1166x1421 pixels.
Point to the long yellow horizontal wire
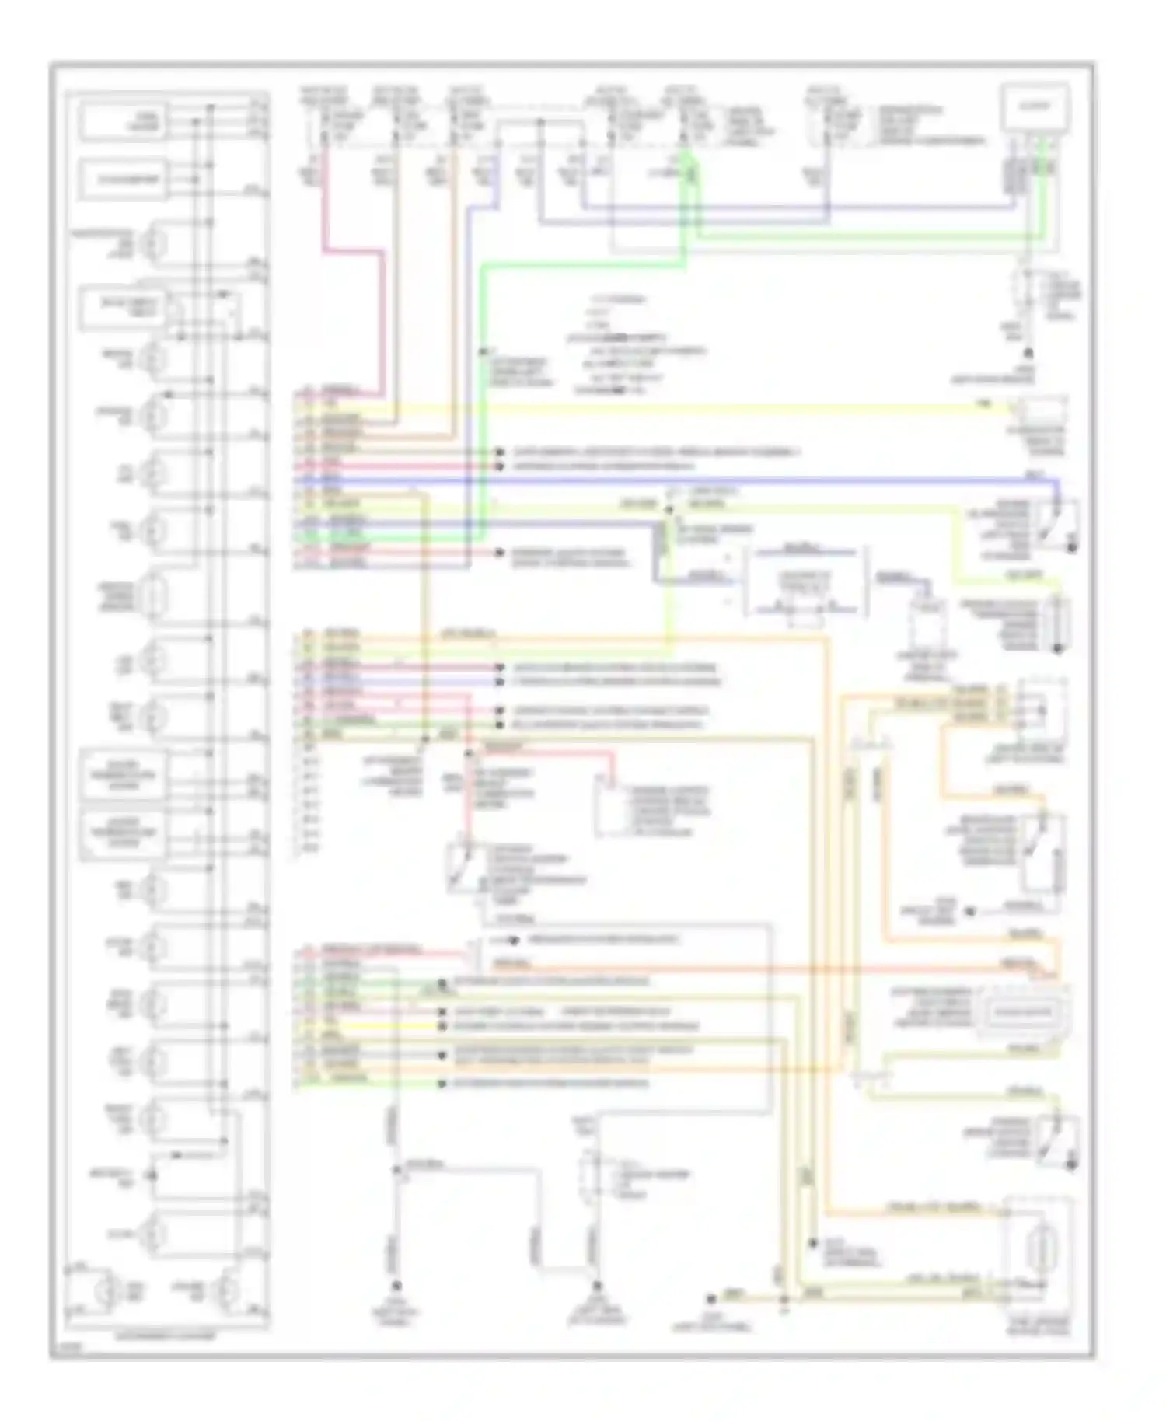point(700,407)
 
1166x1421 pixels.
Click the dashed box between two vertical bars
point(807,581)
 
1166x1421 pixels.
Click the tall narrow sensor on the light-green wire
point(1057,622)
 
